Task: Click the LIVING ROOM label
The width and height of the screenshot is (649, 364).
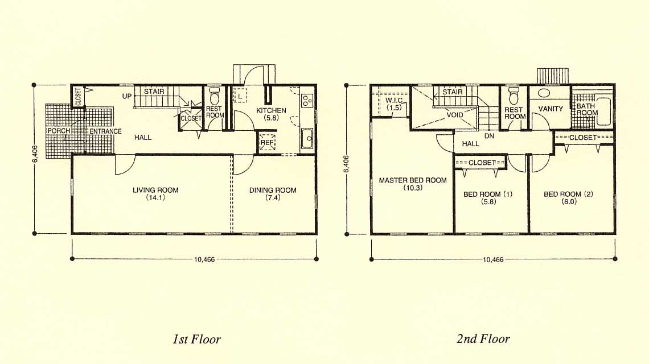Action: [155, 191]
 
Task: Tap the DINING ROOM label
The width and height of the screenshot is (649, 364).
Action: [273, 191]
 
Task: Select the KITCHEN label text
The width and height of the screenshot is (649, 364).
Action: [271, 110]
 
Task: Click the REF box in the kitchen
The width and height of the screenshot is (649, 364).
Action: [268, 142]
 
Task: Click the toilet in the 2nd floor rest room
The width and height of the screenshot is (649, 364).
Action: [514, 96]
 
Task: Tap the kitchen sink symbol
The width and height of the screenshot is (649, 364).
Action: [307, 139]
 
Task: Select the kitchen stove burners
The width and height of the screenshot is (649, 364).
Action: [307, 100]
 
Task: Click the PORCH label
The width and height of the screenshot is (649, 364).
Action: [59, 131]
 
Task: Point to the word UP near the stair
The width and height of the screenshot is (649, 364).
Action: [126, 96]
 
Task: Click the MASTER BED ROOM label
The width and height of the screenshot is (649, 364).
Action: [413, 180]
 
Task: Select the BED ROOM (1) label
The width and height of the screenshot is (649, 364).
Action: [488, 194]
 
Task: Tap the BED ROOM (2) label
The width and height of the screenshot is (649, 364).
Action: [568, 194]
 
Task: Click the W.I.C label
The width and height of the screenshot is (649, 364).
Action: [393, 101]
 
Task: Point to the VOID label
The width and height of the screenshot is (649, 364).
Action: [454, 115]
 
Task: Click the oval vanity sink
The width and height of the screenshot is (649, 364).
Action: [544, 93]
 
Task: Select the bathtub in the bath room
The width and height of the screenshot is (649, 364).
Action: [604, 111]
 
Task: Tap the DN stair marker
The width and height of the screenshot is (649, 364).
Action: [489, 136]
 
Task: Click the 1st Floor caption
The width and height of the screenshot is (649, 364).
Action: [196, 340]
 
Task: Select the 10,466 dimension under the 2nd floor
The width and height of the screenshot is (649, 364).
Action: [493, 260]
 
